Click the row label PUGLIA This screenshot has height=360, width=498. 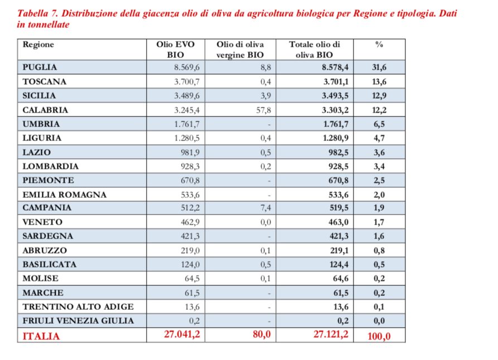[40, 67]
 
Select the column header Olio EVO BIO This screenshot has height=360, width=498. [175, 50]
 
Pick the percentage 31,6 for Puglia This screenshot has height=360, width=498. [379, 67]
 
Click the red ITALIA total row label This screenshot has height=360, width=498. [41, 336]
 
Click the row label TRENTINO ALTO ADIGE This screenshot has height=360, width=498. [78, 307]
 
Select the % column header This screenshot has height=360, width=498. [380, 45]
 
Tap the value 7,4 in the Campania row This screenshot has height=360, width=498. [265, 208]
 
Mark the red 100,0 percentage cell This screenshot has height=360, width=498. [379, 336]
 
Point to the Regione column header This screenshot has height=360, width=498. [38, 45]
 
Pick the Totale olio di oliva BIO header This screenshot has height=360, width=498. [314, 50]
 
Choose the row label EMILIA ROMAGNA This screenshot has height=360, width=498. [64, 194]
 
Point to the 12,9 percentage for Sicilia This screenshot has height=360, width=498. [379, 96]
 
